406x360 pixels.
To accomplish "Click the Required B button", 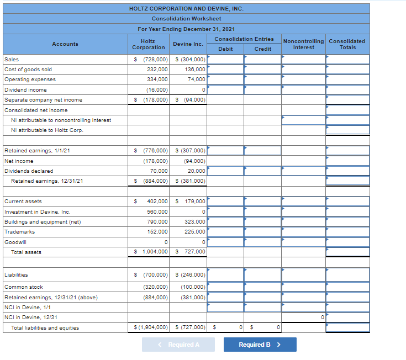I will pyautogui.click(x=260, y=345).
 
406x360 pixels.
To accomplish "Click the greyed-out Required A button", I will pyautogui.click(x=178, y=345).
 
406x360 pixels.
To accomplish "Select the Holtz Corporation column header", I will pyautogui.click(x=148, y=44).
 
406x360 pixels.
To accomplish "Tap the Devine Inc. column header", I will pyautogui.click(x=188, y=44).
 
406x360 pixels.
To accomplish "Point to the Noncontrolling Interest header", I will pyautogui.click(x=303, y=44).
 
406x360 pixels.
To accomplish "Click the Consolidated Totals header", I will pyautogui.click(x=347, y=44).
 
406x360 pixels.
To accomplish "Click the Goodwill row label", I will pyautogui.click(x=15, y=242).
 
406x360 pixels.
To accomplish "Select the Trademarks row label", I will pyautogui.click(x=19, y=232).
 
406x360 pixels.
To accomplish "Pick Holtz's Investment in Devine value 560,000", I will pyautogui.click(x=158, y=211).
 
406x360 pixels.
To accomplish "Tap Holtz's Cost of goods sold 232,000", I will pyautogui.click(x=158, y=70).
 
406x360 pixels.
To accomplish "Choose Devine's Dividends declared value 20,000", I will pyautogui.click(x=197, y=171).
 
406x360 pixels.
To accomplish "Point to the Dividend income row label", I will pyautogui.click(x=25, y=90).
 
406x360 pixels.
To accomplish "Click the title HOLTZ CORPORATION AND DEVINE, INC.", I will pyautogui.click(x=186, y=9).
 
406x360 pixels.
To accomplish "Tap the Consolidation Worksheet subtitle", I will pyautogui.click(x=186, y=19).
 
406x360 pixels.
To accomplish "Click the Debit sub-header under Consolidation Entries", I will pyautogui.click(x=225, y=49).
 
